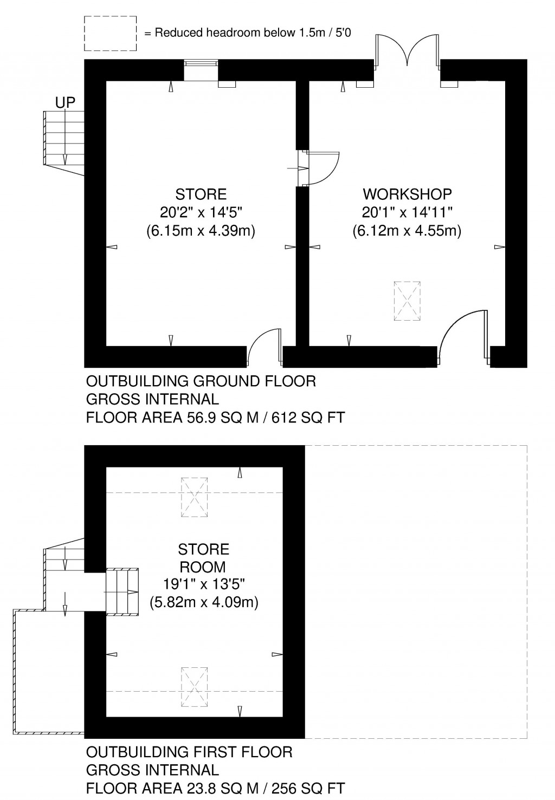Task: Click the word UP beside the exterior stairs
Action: point(64,102)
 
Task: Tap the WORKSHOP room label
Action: point(407,194)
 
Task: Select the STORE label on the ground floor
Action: point(201,194)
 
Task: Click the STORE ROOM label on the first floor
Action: point(203,558)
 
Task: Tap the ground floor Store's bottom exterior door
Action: point(265,347)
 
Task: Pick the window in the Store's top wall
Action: point(201,70)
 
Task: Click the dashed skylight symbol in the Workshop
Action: point(407,301)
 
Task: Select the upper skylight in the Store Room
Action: point(194,497)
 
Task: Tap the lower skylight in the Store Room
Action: point(194,687)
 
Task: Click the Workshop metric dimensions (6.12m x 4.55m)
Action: point(406,231)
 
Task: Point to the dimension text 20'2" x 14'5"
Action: point(201,212)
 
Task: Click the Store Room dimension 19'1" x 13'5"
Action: point(203,584)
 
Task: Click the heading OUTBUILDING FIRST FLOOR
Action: point(189,752)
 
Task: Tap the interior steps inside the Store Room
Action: point(122,591)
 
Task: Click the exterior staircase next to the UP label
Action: point(64,138)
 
